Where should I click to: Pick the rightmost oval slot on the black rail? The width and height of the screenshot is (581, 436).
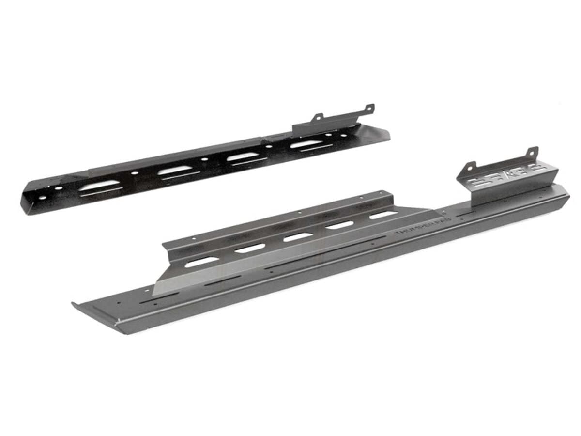coord(304,144)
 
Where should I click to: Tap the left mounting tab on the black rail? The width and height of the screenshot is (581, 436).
coord(318,117)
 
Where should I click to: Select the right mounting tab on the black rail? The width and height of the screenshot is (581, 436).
coord(369,108)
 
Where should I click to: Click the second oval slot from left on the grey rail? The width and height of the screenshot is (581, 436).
coord(250,248)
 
